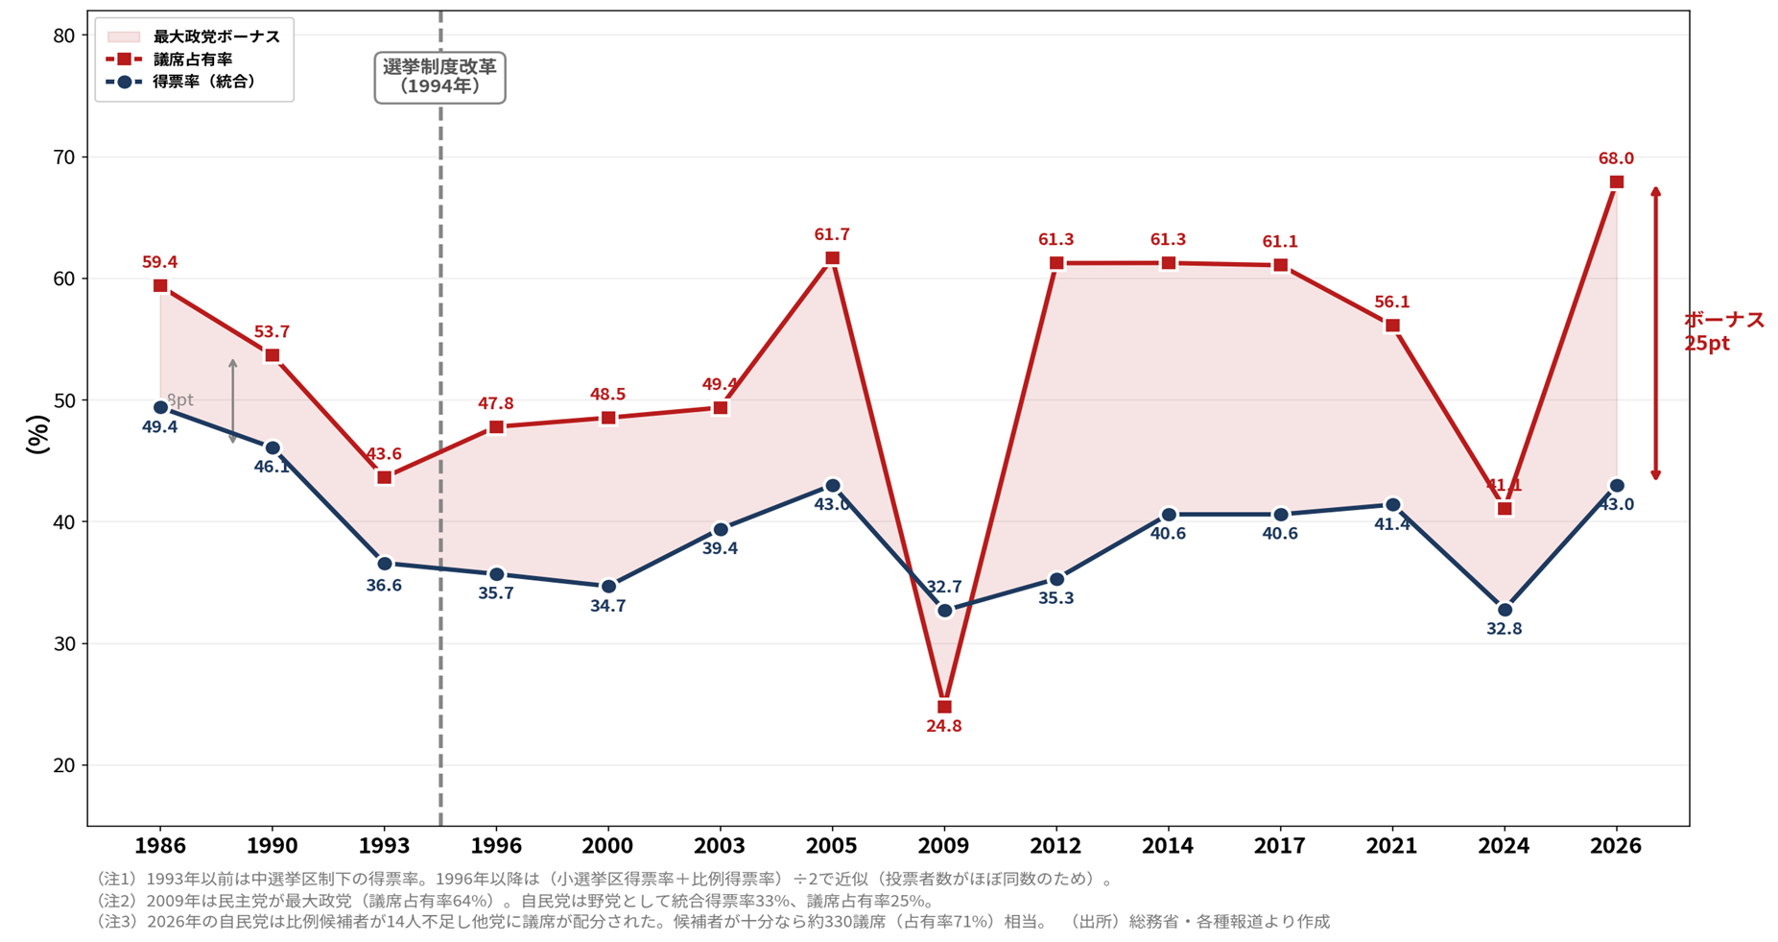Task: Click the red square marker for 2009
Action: click(x=944, y=707)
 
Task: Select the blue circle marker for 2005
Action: click(x=832, y=486)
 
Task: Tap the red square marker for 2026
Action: click(x=1616, y=182)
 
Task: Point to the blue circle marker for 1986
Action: click(x=160, y=407)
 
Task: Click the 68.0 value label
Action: click(x=1616, y=158)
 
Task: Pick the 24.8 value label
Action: click(x=944, y=726)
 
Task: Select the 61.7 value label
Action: click(x=832, y=234)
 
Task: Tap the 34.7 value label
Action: click(x=608, y=606)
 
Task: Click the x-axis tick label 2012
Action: click(x=1055, y=846)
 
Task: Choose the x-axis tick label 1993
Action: click(x=384, y=846)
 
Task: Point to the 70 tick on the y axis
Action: click(x=64, y=157)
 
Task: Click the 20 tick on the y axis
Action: click(x=64, y=765)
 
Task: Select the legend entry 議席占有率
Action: click(x=193, y=60)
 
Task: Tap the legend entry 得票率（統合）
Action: click(x=204, y=82)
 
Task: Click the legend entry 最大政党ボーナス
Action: click(x=216, y=36)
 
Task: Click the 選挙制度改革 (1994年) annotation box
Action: click(x=439, y=77)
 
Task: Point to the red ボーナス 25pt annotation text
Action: click(x=1723, y=331)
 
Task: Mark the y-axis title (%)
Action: click(x=37, y=434)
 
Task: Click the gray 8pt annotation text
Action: click(x=180, y=399)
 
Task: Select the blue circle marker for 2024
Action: click(x=1505, y=610)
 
